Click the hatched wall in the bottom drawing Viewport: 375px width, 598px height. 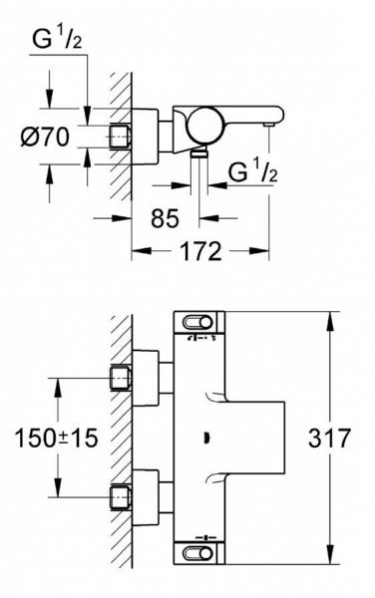[121, 439]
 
